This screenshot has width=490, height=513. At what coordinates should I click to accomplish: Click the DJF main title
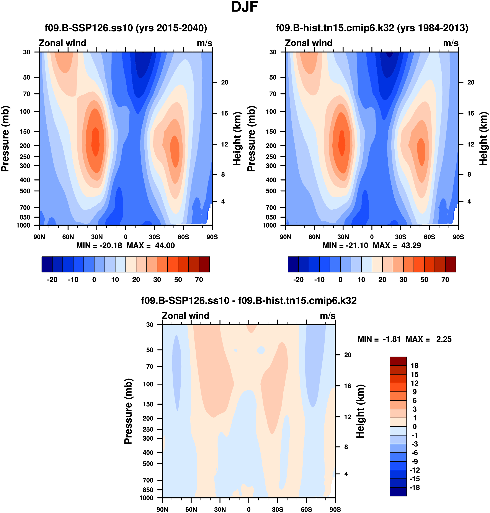pos(245,7)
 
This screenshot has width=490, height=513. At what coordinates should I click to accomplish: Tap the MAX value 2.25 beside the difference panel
pos(444,339)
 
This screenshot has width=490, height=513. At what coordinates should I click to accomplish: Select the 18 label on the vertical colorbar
pos(415,366)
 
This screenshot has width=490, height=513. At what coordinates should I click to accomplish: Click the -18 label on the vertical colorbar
pos(415,488)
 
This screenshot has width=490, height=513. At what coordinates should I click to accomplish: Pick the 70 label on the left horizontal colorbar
pos(199,280)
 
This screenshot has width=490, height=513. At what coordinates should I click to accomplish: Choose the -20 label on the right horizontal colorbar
pos(298,280)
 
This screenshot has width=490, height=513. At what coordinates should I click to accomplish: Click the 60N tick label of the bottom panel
pos(191,510)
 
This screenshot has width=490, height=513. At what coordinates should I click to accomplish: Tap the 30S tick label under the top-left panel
pos(154,237)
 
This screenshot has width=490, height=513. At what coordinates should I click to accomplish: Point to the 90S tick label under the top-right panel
pos(458,237)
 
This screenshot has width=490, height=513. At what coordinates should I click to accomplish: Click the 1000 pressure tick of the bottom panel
pos(146,498)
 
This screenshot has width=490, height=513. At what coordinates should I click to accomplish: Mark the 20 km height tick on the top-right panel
pos(471,83)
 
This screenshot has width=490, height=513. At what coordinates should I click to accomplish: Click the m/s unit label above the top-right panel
pos(451,43)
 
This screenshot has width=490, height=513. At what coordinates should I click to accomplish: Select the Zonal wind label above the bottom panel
pos(185,316)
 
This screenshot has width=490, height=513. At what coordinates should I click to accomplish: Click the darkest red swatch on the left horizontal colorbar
pos(204,264)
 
